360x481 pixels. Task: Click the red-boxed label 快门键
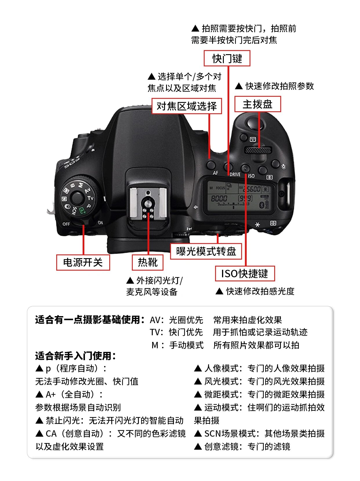(227, 59)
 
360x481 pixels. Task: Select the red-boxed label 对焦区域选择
(187, 106)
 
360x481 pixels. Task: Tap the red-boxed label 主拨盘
(257, 104)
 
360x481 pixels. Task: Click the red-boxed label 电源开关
(83, 263)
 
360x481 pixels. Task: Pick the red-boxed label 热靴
(148, 263)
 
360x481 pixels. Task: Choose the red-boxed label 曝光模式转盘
(206, 251)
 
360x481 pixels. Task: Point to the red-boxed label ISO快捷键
(245, 274)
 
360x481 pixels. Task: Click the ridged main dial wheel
(258, 150)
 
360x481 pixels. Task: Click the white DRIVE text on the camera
(235, 174)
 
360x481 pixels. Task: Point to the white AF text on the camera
(215, 173)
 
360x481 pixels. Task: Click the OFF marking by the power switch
(66, 224)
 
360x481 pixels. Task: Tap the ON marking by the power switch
(100, 223)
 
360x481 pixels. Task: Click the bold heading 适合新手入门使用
(75, 356)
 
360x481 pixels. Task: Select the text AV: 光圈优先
(176, 320)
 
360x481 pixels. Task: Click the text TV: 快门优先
(176, 332)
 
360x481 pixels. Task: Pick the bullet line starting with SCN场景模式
(259, 433)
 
